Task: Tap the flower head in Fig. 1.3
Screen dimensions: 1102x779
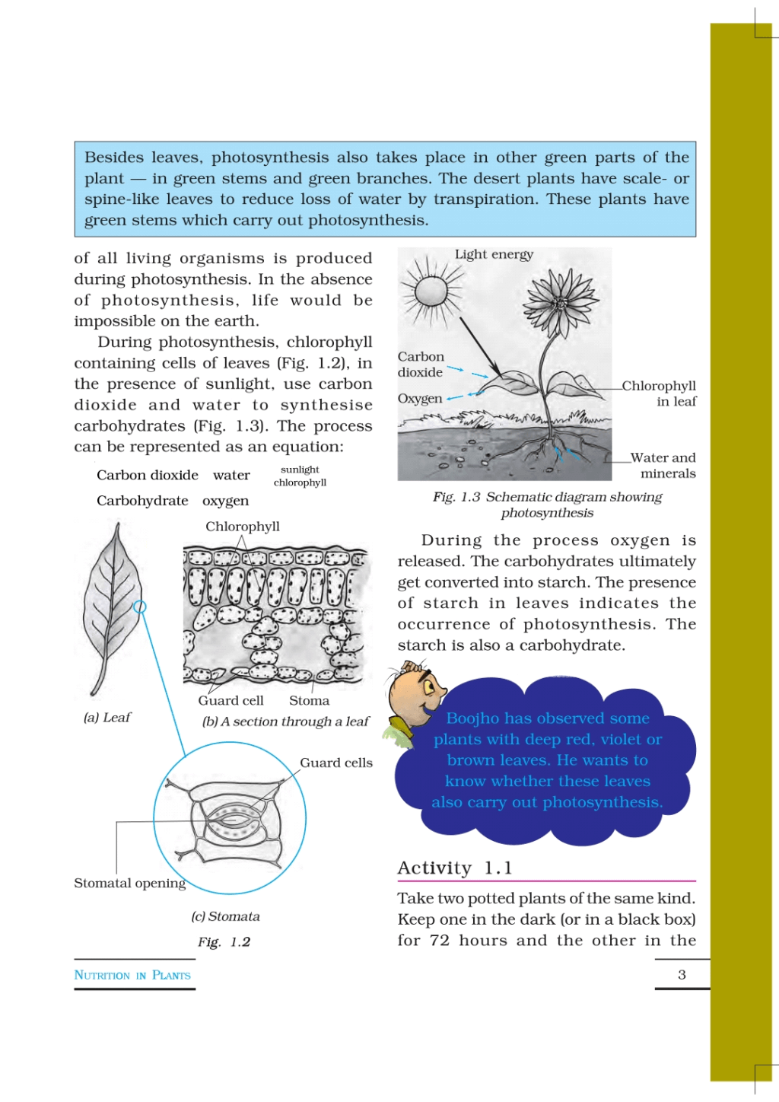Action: click(x=560, y=303)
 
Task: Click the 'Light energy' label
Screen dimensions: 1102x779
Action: click(x=494, y=254)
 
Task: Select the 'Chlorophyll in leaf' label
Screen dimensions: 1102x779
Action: click(x=660, y=393)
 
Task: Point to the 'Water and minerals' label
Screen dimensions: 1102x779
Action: click(x=663, y=465)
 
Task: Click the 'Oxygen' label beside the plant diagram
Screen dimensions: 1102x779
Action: click(x=419, y=399)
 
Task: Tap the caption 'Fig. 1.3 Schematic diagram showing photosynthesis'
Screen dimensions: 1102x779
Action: click(x=547, y=505)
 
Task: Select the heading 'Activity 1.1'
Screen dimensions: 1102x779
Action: click(x=454, y=868)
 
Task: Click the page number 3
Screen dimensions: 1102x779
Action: click(x=682, y=974)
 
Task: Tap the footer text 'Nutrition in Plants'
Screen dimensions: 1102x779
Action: click(x=132, y=975)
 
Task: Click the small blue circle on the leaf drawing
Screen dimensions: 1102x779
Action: click(x=140, y=607)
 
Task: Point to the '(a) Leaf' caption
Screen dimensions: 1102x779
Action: click(x=107, y=717)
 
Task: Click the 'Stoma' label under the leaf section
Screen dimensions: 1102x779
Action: click(x=309, y=700)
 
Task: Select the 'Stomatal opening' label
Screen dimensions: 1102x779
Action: click(x=129, y=883)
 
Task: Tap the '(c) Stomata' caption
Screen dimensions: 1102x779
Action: click(x=225, y=916)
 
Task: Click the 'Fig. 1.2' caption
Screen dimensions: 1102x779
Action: click(x=224, y=942)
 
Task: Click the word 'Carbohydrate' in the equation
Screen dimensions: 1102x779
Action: click(x=142, y=501)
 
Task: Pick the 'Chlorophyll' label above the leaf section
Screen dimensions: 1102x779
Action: click(x=243, y=527)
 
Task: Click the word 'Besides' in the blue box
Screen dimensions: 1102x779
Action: click(x=114, y=158)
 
